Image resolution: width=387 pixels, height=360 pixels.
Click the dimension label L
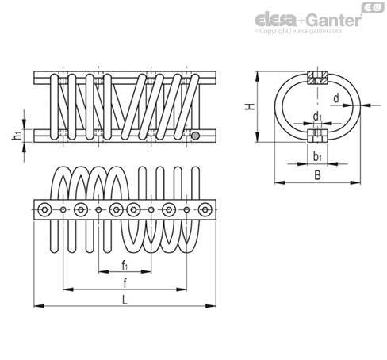pyautogui.click(x=125, y=300)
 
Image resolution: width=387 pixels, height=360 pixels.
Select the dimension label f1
pyautogui.click(x=125, y=265)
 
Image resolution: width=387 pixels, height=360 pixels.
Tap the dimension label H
pyautogui.click(x=250, y=106)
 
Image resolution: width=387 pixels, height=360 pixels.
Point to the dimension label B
pyautogui.click(x=317, y=175)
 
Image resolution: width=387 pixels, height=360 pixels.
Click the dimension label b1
pyautogui.click(x=317, y=157)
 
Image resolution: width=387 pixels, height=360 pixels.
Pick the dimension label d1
pyautogui.click(x=317, y=117)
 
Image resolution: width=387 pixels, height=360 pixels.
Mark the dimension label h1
pyautogui.click(x=17, y=136)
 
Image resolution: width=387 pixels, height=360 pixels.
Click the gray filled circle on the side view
pyautogui.click(x=195, y=136)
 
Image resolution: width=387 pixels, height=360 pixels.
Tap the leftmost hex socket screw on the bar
pyautogui.click(x=44, y=209)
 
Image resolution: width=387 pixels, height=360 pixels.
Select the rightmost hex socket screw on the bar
pyautogui.click(x=205, y=209)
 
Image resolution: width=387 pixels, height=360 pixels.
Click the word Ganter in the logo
pyautogui.click(x=335, y=21)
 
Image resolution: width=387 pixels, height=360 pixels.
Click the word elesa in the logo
pyautogui.click(x=276, y=20)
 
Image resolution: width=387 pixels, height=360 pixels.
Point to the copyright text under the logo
pyautogui.click(x=298, y=31)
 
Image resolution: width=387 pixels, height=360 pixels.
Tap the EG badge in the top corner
pyautogui.click(x=373, y=8)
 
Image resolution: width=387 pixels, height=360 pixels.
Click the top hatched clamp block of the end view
pyautogui.click(x=317, y=78)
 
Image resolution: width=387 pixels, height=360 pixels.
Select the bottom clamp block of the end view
pyautogui.click(x=317, y=136)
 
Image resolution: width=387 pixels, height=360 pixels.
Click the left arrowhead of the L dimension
pyautogui.click(x=39, y=306)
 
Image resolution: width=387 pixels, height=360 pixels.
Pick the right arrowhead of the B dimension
pyautogui.click(x=355, y=182)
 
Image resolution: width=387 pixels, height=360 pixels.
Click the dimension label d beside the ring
pyautogui.click(x=335, y=98)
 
